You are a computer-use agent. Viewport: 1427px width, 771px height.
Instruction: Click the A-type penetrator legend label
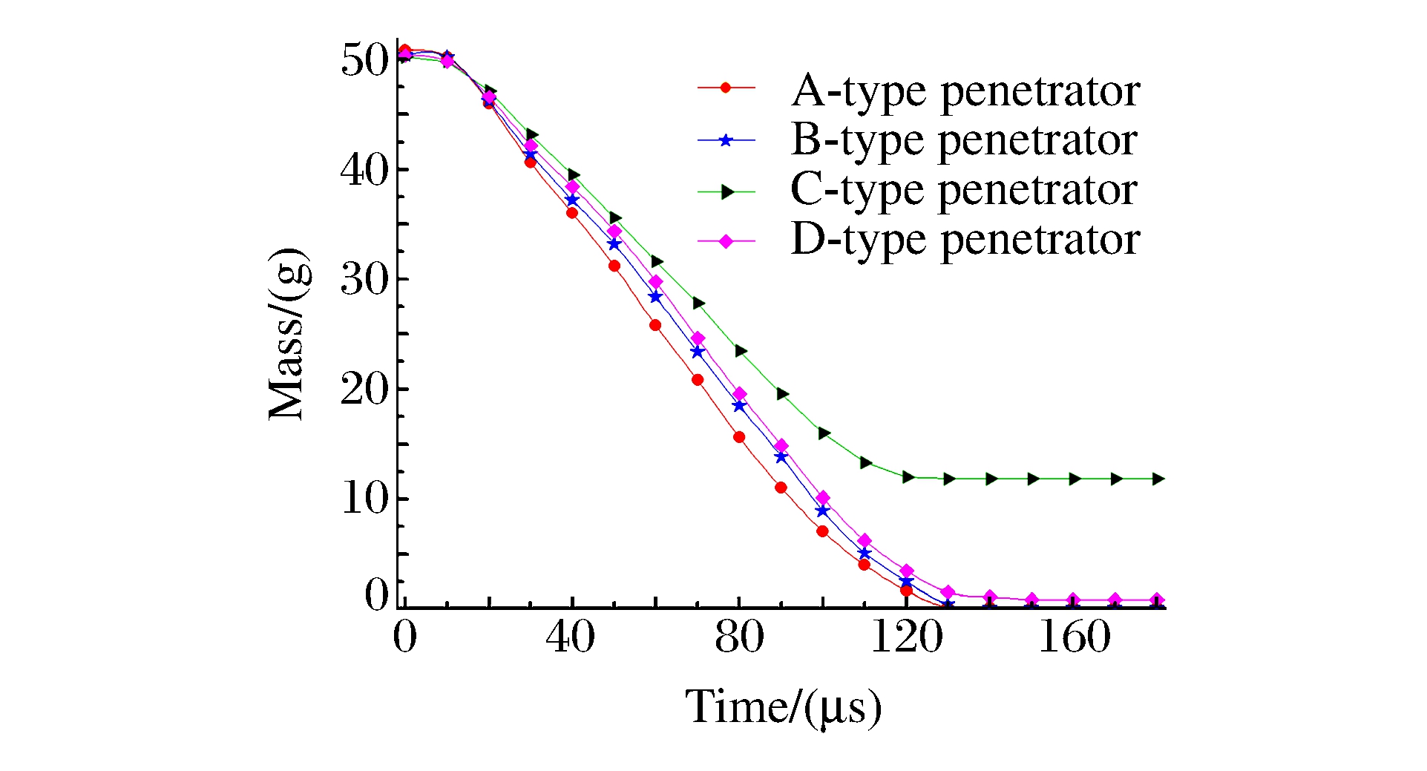click(965, 92)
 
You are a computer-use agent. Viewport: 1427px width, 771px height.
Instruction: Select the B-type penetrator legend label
click(964, 141)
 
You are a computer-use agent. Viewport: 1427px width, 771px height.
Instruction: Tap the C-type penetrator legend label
click(964, 191)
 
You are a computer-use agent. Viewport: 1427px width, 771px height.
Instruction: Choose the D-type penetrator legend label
click(965, 240)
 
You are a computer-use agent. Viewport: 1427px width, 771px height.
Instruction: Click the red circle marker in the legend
click(726, 88)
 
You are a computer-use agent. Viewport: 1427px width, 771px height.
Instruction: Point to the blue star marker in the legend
click(726, 140)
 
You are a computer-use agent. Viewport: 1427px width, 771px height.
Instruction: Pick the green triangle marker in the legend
click(727, 192)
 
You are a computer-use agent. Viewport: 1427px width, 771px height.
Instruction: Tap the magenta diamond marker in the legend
click(726, 241)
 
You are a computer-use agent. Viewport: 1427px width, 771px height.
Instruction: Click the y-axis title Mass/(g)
click(288, 335)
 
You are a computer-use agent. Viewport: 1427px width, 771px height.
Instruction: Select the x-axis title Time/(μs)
click(784, 707)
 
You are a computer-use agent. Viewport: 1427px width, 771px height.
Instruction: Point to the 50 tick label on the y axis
click(364, 60)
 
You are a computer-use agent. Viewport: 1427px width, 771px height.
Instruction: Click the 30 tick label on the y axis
click(364, 280)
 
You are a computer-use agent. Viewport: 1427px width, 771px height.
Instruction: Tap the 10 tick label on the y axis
click(364, 499)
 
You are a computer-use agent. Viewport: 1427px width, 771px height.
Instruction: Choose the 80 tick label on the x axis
click(739, 637)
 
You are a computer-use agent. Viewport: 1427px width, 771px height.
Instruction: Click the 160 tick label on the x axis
click(1074, 637)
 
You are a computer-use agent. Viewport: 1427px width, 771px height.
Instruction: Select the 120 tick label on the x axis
click(906, 637)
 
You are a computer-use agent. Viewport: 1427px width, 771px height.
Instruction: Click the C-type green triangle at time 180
click(1158, 479)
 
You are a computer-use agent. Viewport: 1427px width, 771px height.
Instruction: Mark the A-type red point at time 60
click(655, 325)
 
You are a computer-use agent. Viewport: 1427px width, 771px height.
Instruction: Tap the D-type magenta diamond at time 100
click(822, 498)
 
